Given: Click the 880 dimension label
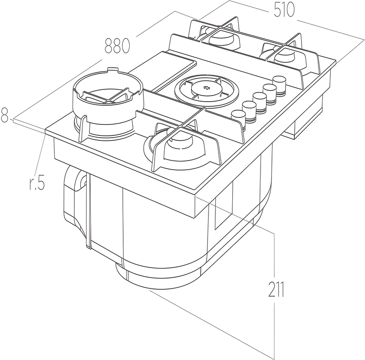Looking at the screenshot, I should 118,46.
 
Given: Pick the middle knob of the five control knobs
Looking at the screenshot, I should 260,99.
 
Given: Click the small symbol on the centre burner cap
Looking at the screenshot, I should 207,88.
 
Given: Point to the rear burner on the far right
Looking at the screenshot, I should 283,56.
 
